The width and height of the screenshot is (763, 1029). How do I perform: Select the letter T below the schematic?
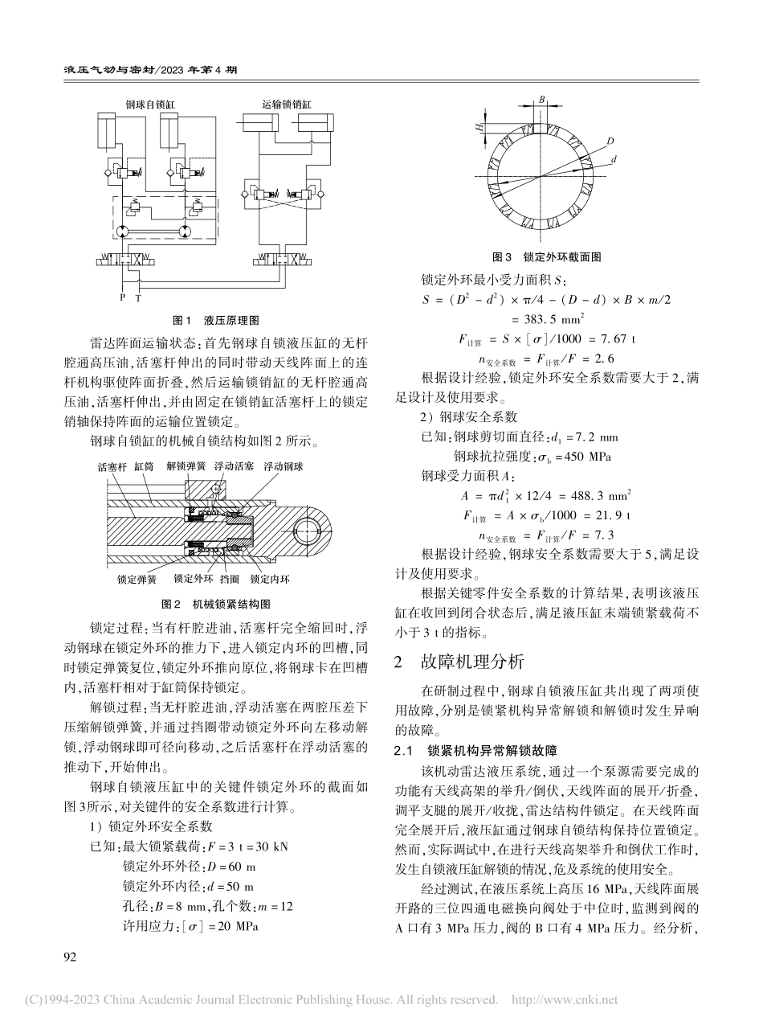[138, 298]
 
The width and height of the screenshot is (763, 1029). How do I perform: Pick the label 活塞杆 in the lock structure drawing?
[110, 466]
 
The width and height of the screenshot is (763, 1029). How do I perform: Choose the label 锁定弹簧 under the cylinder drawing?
[113, 578]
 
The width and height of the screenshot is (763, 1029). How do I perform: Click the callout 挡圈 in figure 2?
[229, 578]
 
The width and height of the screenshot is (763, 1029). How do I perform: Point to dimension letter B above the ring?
[543, 99]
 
